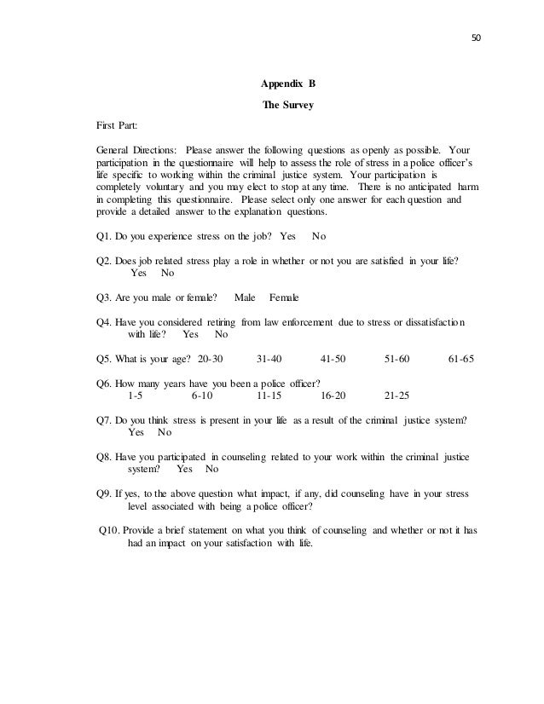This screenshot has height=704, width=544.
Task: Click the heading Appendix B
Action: pos(286,85)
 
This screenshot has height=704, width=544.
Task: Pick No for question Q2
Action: pos(167,274)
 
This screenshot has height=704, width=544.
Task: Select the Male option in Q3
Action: pos(245,297)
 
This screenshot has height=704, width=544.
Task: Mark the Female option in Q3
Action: pos(284,297)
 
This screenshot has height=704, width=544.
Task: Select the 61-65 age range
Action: pos(460,359)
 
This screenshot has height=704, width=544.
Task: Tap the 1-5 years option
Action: pos(136,396)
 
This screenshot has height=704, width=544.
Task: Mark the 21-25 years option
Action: pos(397,396)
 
